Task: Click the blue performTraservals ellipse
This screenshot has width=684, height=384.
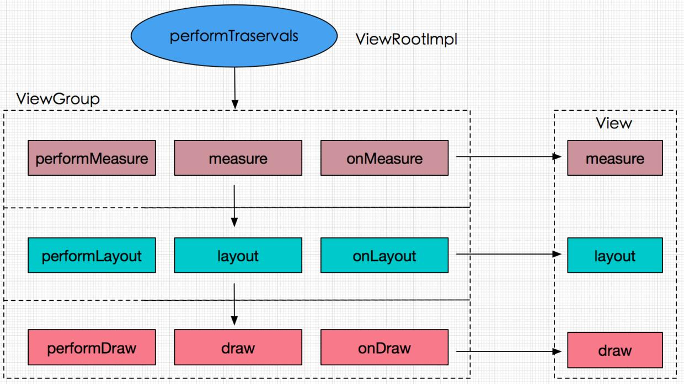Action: [234, 36]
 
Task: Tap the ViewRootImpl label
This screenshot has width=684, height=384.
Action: [407, 39]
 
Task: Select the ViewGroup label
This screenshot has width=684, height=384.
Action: [58, 99]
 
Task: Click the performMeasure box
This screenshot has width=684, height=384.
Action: [92, 158]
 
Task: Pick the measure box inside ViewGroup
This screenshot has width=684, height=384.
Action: [238, 158]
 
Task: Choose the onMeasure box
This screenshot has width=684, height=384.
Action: [384, 158]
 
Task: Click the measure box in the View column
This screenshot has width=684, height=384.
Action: [614, 158]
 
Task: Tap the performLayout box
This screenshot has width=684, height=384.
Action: [92, 256]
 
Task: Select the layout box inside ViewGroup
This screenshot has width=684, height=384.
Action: [238, 256]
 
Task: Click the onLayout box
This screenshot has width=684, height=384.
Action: [384, 256]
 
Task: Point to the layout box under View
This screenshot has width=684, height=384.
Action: [614, 256]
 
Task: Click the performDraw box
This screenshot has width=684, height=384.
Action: [92, 348]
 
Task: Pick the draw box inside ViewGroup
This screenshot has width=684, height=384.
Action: [238, 348]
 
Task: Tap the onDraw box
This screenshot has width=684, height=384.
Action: [384, 348]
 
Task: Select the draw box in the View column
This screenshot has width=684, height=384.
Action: [614, 350]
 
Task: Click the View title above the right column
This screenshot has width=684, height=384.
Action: [613, 123]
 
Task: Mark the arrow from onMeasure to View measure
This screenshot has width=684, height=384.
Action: [507, 157]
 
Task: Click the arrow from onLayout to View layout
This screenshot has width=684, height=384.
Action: [507, 255]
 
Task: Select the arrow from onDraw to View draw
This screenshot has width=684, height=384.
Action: [507, 350]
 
